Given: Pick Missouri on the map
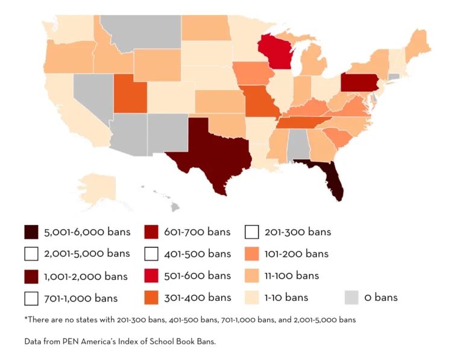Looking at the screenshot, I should tap(261, 103).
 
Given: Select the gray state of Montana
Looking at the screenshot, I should tap(142, 30).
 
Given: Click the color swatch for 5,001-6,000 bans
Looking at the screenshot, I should tap(31, 232).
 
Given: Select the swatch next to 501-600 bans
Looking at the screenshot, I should tap(151, 276).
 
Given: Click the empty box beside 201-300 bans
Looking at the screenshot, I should tap(252, 232).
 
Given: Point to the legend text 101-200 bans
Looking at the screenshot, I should tap(297, 254).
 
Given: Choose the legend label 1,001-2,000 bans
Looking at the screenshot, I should tap(86, 276).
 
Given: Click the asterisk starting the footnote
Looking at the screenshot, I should tap(26, 318).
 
